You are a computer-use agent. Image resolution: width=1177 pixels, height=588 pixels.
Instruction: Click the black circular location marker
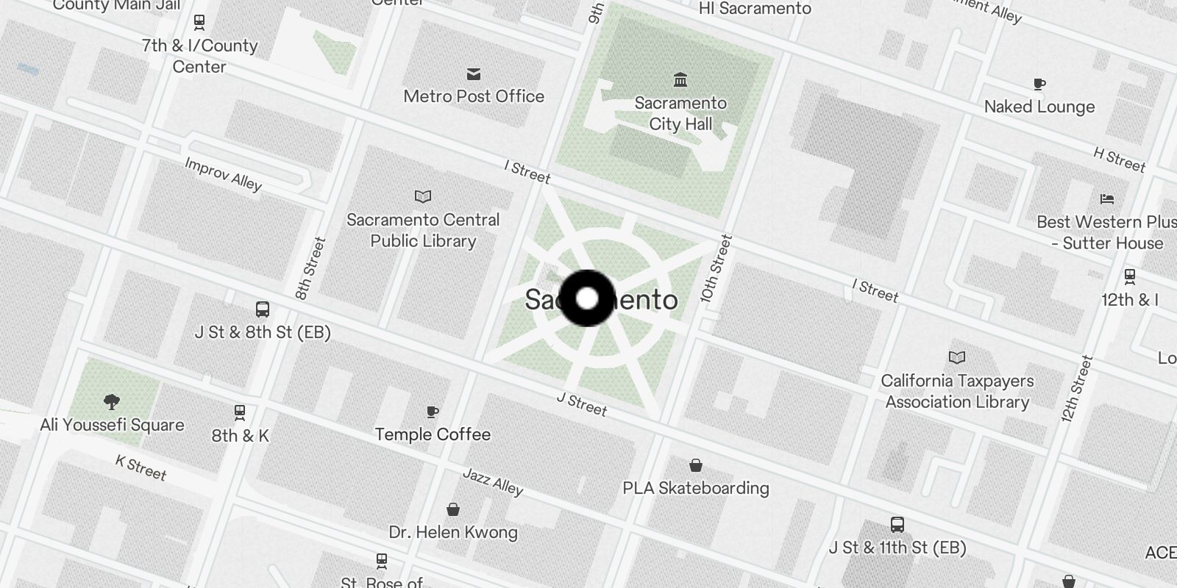[x=587, y=298]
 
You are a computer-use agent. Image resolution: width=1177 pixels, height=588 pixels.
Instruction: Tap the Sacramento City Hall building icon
[x=680, y=79]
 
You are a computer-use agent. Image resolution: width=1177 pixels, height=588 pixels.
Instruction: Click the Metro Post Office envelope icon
[x=474, y=73]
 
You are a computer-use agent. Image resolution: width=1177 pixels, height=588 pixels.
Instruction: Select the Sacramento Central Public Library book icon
[x=423, y=196]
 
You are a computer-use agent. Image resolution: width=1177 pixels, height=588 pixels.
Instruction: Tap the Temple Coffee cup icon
[x=433, y=412]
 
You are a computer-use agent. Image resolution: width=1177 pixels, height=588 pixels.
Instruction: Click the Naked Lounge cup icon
[x=1039, y=84]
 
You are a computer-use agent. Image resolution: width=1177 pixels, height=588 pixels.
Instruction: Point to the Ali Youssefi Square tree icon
[x=112, y=401]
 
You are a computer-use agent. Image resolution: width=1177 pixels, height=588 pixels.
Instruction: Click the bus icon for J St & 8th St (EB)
[x=263, y=309]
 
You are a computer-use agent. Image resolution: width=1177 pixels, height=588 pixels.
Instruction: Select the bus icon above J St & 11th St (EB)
[x=897, y=525]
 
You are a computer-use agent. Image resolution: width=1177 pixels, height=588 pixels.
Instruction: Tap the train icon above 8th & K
[x=240, y=412]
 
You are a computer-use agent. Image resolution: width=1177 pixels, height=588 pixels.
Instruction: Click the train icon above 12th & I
[x=1130, y=276]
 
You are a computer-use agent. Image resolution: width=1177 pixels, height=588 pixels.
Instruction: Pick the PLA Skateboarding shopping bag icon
[x=696, y=465]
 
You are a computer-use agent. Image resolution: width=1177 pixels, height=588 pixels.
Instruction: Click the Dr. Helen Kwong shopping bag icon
[x=453, y=509]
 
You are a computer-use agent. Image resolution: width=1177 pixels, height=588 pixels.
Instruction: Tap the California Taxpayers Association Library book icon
[x=957, y=357]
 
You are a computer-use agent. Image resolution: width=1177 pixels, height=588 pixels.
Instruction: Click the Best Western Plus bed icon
[x=1107, y=198]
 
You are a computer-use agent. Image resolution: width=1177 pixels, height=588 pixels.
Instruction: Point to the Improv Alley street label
[x=223, y=174]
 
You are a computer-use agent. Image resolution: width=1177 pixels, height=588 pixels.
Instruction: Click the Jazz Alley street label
[x=493, y=482]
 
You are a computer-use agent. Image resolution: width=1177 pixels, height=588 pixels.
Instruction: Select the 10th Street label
[x=716, y=269]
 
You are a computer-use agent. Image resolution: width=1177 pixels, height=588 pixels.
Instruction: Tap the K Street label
[x=141, y=467]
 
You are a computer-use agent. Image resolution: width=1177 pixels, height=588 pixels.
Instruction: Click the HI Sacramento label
[x=755, y=9]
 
